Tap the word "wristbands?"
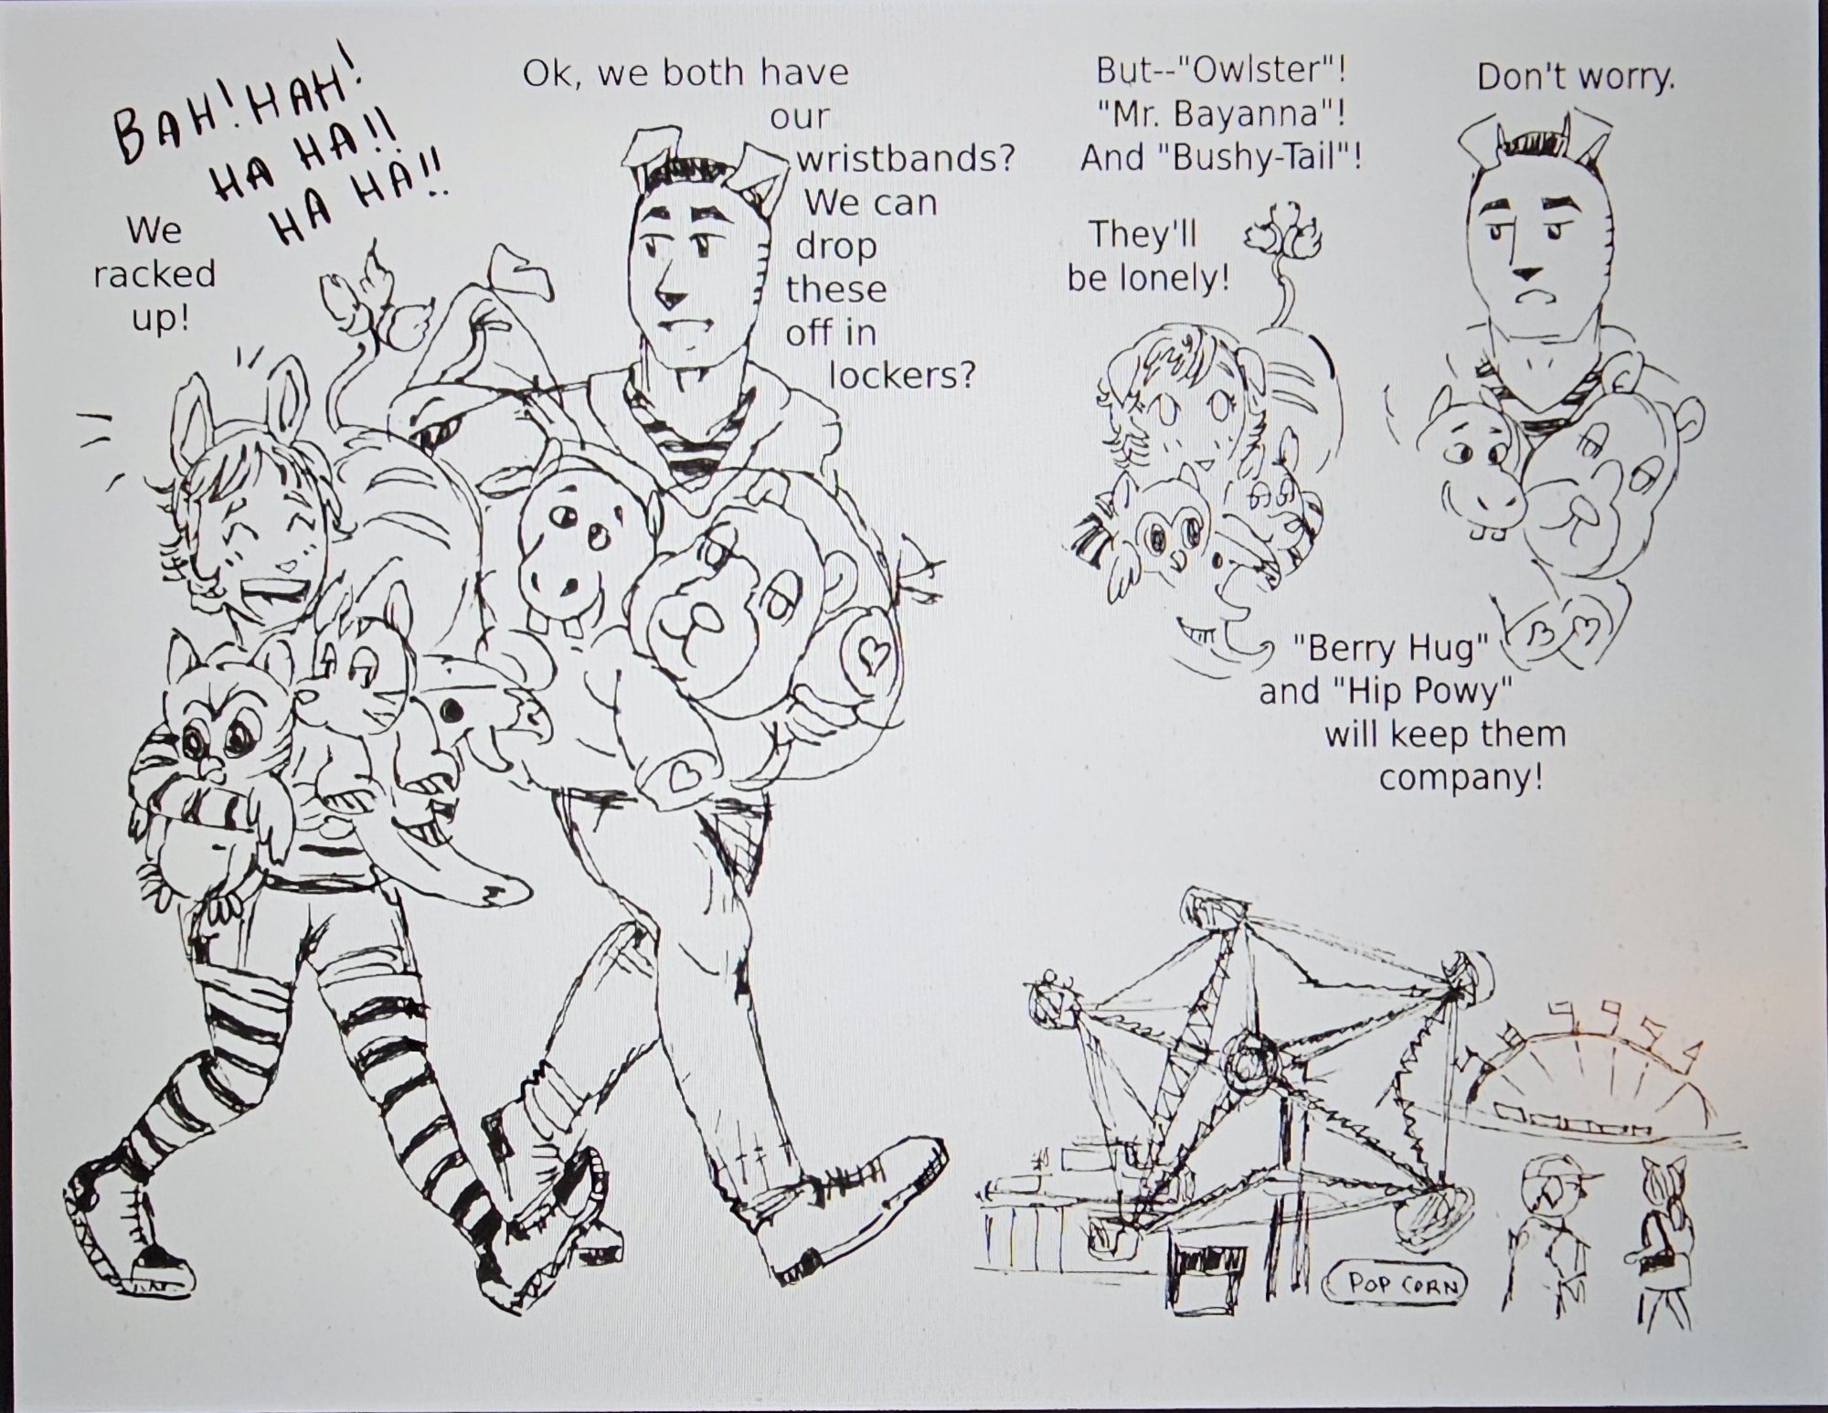(x=906, y=159)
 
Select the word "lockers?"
(x=902, y=374)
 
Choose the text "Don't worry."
(x=1576, y=77)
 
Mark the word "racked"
(x=154, y=273)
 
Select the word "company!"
(x=1461, y=778)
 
